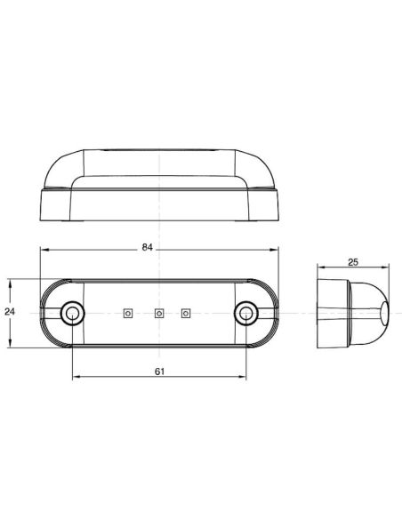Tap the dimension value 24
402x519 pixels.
click(9, 312)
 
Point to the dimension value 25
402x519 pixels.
click(353, 262)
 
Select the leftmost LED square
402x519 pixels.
click(128, 312)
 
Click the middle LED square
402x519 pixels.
click(158, 312)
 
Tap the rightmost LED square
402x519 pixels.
click(187, 312)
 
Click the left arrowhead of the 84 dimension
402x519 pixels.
click(43, 252)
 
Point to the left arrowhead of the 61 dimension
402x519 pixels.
click(74, 378)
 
